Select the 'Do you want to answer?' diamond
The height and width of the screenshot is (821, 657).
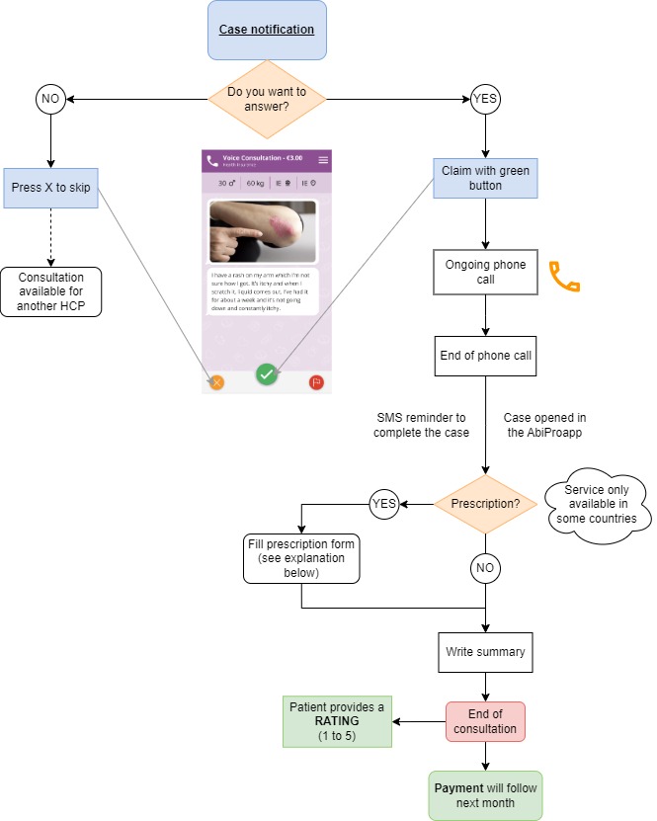(267, 99)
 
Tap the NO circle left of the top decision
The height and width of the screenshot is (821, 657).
(50, 99)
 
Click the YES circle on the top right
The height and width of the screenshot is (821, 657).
(485, 99)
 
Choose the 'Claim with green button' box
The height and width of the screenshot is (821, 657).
(485, 178)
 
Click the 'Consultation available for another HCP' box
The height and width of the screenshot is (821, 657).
(50, 291)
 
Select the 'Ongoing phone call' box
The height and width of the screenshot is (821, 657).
(485, 272)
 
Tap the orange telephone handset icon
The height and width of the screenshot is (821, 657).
(564, 279)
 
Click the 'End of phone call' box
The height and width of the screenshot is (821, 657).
(485, 356)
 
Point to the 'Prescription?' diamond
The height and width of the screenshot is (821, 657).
(485, 503)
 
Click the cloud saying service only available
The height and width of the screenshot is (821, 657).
(597, 505)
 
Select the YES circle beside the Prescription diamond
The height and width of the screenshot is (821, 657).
(384, 503)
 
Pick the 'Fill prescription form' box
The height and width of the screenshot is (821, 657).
(301, 558)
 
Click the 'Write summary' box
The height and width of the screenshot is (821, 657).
(485, 652)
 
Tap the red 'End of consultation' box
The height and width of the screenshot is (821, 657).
(485, 721)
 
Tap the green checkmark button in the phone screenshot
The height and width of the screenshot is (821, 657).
(267, 374)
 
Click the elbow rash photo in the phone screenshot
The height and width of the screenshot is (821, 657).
(263, 232)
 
